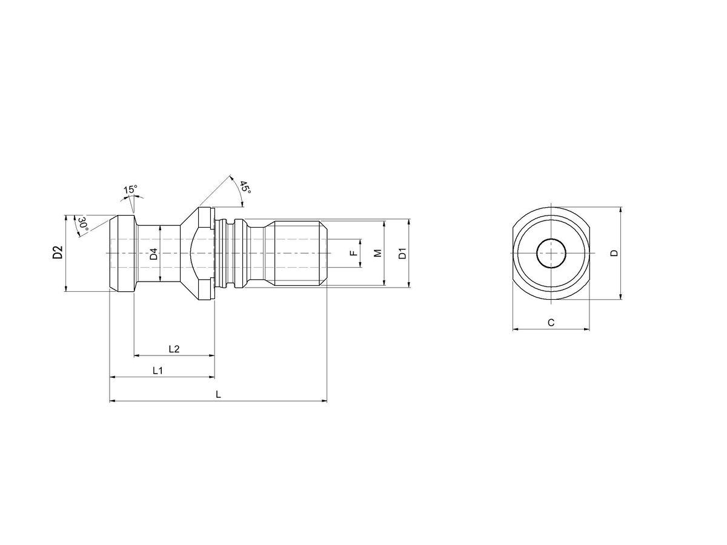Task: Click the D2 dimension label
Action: click(x=58, y=253)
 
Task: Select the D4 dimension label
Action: click(x=154, y=254)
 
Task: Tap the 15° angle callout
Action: click(x=130, y=190)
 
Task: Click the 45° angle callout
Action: click(x=244, y=187)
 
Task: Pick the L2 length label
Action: click(x=173, y=349)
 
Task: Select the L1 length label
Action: click(x=158, y=370)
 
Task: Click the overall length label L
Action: click(x=218, y=394)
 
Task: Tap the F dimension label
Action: click(x=354, y=253)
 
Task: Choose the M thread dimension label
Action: click(x=377, y=253)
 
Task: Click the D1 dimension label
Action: click(x=402, y=253)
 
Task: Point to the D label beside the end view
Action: click(x=614, y=253)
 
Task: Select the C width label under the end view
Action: click(x=551, y=323)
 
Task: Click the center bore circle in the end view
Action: click(x=551, y=253)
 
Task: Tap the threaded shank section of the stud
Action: click(x=297, y=253)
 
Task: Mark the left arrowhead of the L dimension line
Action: click(x=112, y=401)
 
